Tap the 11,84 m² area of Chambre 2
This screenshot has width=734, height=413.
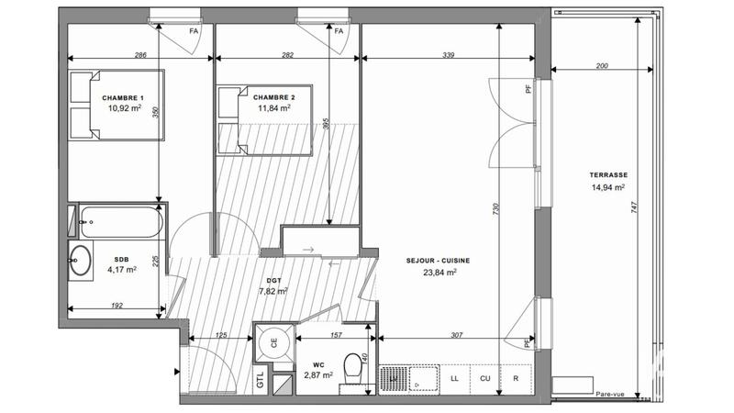click(274, 107)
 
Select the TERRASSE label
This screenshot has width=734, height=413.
click(608, 175)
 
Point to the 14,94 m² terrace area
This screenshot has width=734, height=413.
click(608, 187)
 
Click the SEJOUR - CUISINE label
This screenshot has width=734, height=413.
click(438, 261)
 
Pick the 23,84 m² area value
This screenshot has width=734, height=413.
click(438, 273)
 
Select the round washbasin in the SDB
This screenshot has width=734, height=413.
click(81, 259)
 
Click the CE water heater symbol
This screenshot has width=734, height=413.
click(273, 343)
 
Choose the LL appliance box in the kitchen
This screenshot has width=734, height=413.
click(455, 377)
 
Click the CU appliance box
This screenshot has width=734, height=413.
click(485, 377)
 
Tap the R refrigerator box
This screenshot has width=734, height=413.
click(516, 377)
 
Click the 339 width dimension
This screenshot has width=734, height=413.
click(448, 56)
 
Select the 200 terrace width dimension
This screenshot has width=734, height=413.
click(602, 67)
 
